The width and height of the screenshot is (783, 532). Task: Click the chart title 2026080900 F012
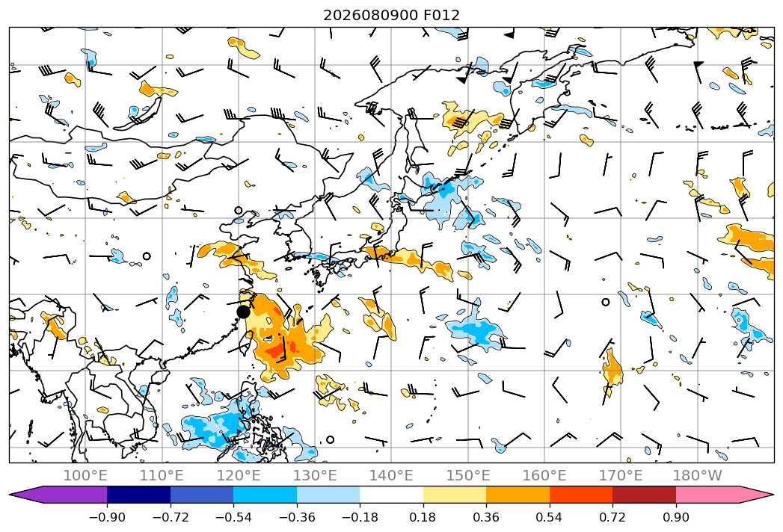[392, 15]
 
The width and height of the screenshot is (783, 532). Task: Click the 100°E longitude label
[85, 475]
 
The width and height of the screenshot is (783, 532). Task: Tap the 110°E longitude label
[162, 475]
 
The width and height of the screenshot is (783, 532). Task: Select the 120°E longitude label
[239, 475]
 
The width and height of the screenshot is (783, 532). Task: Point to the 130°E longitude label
[315, 475]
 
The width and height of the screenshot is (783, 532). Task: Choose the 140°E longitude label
[391, 475]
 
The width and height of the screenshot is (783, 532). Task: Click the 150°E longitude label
[468, 475]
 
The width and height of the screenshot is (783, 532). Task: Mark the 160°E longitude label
[544, 475]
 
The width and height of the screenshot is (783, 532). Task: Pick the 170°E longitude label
[621, 475]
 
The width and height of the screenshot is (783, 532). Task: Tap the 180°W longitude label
[697, 475]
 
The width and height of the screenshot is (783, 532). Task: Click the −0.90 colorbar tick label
[107, 517]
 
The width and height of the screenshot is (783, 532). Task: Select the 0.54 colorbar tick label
[550, 517]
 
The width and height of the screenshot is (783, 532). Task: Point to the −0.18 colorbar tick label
[360, 517]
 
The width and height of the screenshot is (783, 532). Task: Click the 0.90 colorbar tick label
[675, 517]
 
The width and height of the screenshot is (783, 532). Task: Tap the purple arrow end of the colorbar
[30, 494]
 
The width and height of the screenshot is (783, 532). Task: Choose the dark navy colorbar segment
[138, 494]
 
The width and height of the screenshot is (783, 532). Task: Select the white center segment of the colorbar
[392, 494]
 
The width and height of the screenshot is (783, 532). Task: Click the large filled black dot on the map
[243, 312]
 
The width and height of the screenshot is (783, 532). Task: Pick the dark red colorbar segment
[644, 494]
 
